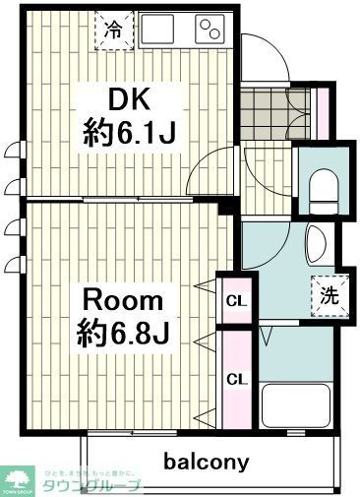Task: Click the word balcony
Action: point(206,461)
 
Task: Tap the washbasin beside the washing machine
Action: point(316,243)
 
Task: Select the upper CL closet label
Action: point(236,300)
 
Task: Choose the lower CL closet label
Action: point(236,379)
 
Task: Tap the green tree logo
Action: point(18,479)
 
